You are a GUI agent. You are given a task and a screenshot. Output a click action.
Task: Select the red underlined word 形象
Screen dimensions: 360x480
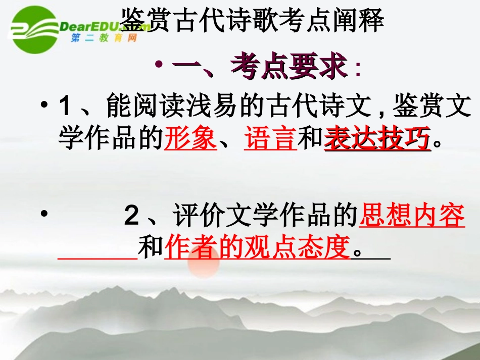point(190,138)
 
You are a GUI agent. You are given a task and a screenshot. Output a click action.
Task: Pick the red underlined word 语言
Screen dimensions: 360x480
point(270,138)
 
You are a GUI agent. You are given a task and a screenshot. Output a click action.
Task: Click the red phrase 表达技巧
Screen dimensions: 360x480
point(377,138)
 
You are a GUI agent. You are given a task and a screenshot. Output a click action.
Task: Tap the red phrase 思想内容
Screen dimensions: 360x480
point(412,217)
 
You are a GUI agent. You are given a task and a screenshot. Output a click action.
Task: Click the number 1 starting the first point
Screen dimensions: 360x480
point(65,108)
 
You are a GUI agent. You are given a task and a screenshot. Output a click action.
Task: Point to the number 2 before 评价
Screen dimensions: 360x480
point(131,217)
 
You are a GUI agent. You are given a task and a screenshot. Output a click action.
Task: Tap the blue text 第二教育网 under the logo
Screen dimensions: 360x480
point(104,38)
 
